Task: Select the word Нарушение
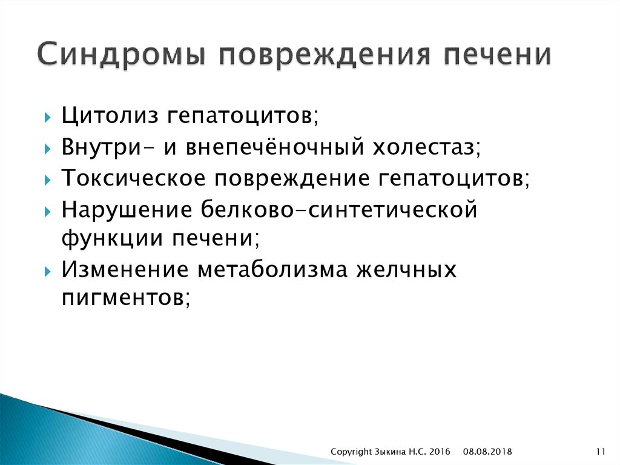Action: click(125, 211)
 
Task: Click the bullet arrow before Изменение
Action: click(47, 271)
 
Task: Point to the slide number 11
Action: click(601, 451)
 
